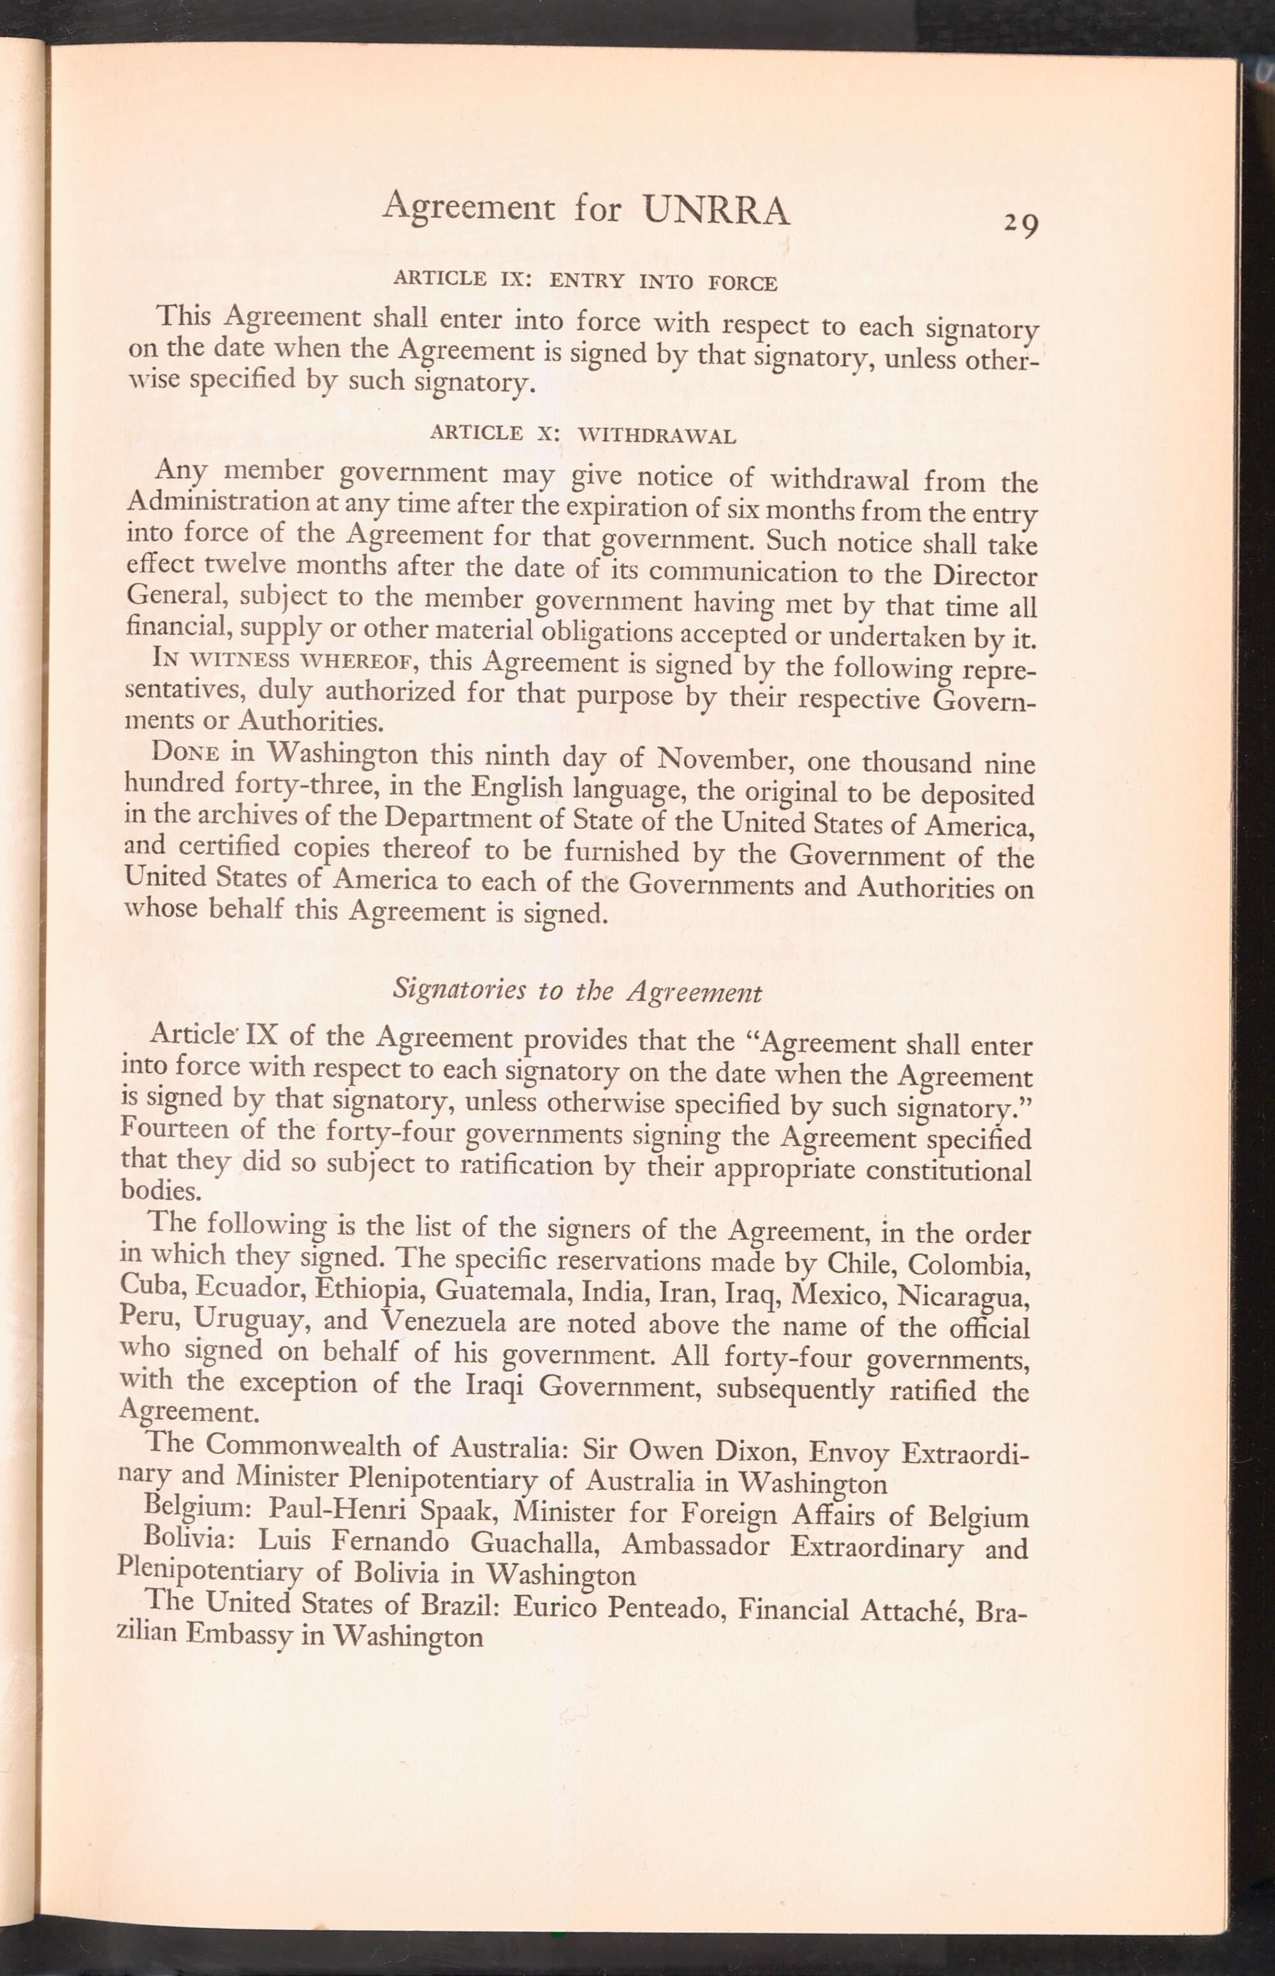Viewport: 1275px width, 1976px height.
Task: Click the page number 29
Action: (x=1021, y=224)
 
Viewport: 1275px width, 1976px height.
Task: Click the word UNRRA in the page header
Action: (x=716, y=210)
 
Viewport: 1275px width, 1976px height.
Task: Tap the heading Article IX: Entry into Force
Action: (x=585, y=280)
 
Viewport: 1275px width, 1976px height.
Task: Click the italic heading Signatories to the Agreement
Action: (x=577, y=991)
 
